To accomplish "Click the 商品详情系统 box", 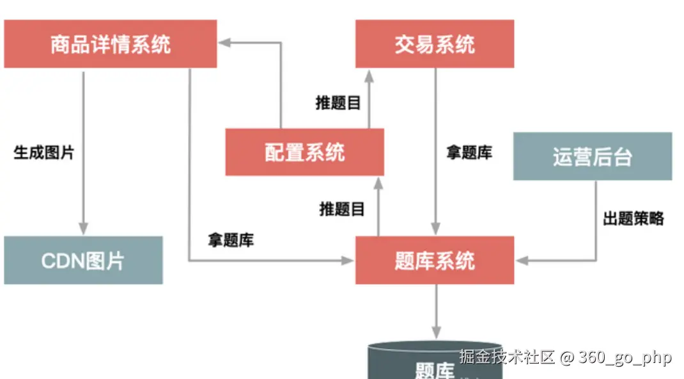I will [110, 44].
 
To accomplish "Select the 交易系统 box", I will [435, 44].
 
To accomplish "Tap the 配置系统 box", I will [304, 152].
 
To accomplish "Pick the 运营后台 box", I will [593, 156].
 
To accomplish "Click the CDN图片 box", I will [83, 260].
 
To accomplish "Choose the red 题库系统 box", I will [435, 260].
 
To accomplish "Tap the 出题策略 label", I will [633, 218].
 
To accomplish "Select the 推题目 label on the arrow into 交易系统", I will [339, 103].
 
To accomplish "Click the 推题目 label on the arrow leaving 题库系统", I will [342, 209].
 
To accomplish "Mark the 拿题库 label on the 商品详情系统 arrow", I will [231, 240].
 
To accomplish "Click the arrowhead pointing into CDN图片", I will [83, 229].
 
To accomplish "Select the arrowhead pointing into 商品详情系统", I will [224, 43].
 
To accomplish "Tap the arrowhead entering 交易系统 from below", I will [370, 75].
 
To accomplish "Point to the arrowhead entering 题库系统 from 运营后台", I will [522, 261].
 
